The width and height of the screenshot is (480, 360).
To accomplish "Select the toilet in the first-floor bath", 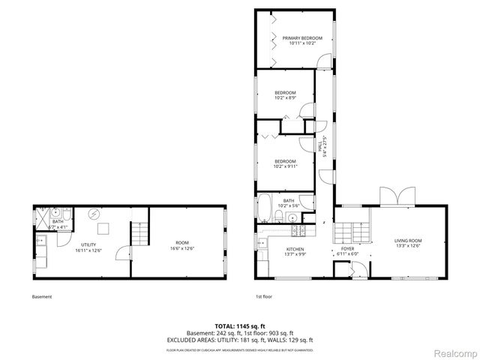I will [279, 217].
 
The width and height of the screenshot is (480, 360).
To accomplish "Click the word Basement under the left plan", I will [42, 297].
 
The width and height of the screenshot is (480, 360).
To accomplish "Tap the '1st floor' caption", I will [264, 297].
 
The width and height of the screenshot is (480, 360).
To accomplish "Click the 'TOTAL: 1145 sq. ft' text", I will [239, 326].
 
